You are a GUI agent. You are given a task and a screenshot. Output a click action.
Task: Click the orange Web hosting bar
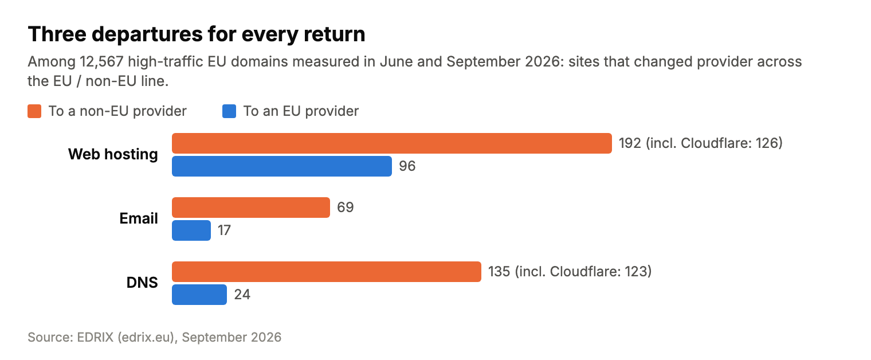[392, 143]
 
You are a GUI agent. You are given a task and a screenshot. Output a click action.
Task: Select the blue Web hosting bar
[282, 166]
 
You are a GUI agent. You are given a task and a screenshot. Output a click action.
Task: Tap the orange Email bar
[251, 208]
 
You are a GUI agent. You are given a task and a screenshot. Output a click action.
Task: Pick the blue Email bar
[191, 230]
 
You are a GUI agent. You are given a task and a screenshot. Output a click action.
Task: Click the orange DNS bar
[327, 272]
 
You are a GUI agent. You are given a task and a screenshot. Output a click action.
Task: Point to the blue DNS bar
[199, 295]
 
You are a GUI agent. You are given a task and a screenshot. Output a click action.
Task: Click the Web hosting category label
[113, 155]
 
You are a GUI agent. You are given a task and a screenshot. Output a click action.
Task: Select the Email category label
[139, 218]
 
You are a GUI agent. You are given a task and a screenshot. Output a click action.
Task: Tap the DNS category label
[142, 283]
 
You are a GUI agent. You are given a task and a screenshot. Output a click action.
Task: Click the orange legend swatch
[34, 111]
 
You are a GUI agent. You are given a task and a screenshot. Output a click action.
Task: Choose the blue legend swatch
[229, 111]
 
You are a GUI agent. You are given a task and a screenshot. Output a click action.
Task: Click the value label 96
[407, 166]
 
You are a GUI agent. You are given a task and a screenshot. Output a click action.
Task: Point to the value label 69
[346, 208]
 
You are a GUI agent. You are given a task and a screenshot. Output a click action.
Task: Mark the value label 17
[224, 230]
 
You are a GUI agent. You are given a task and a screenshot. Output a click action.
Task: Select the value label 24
[242, 295]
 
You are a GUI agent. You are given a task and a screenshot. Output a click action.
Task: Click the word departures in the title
[147, 34]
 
